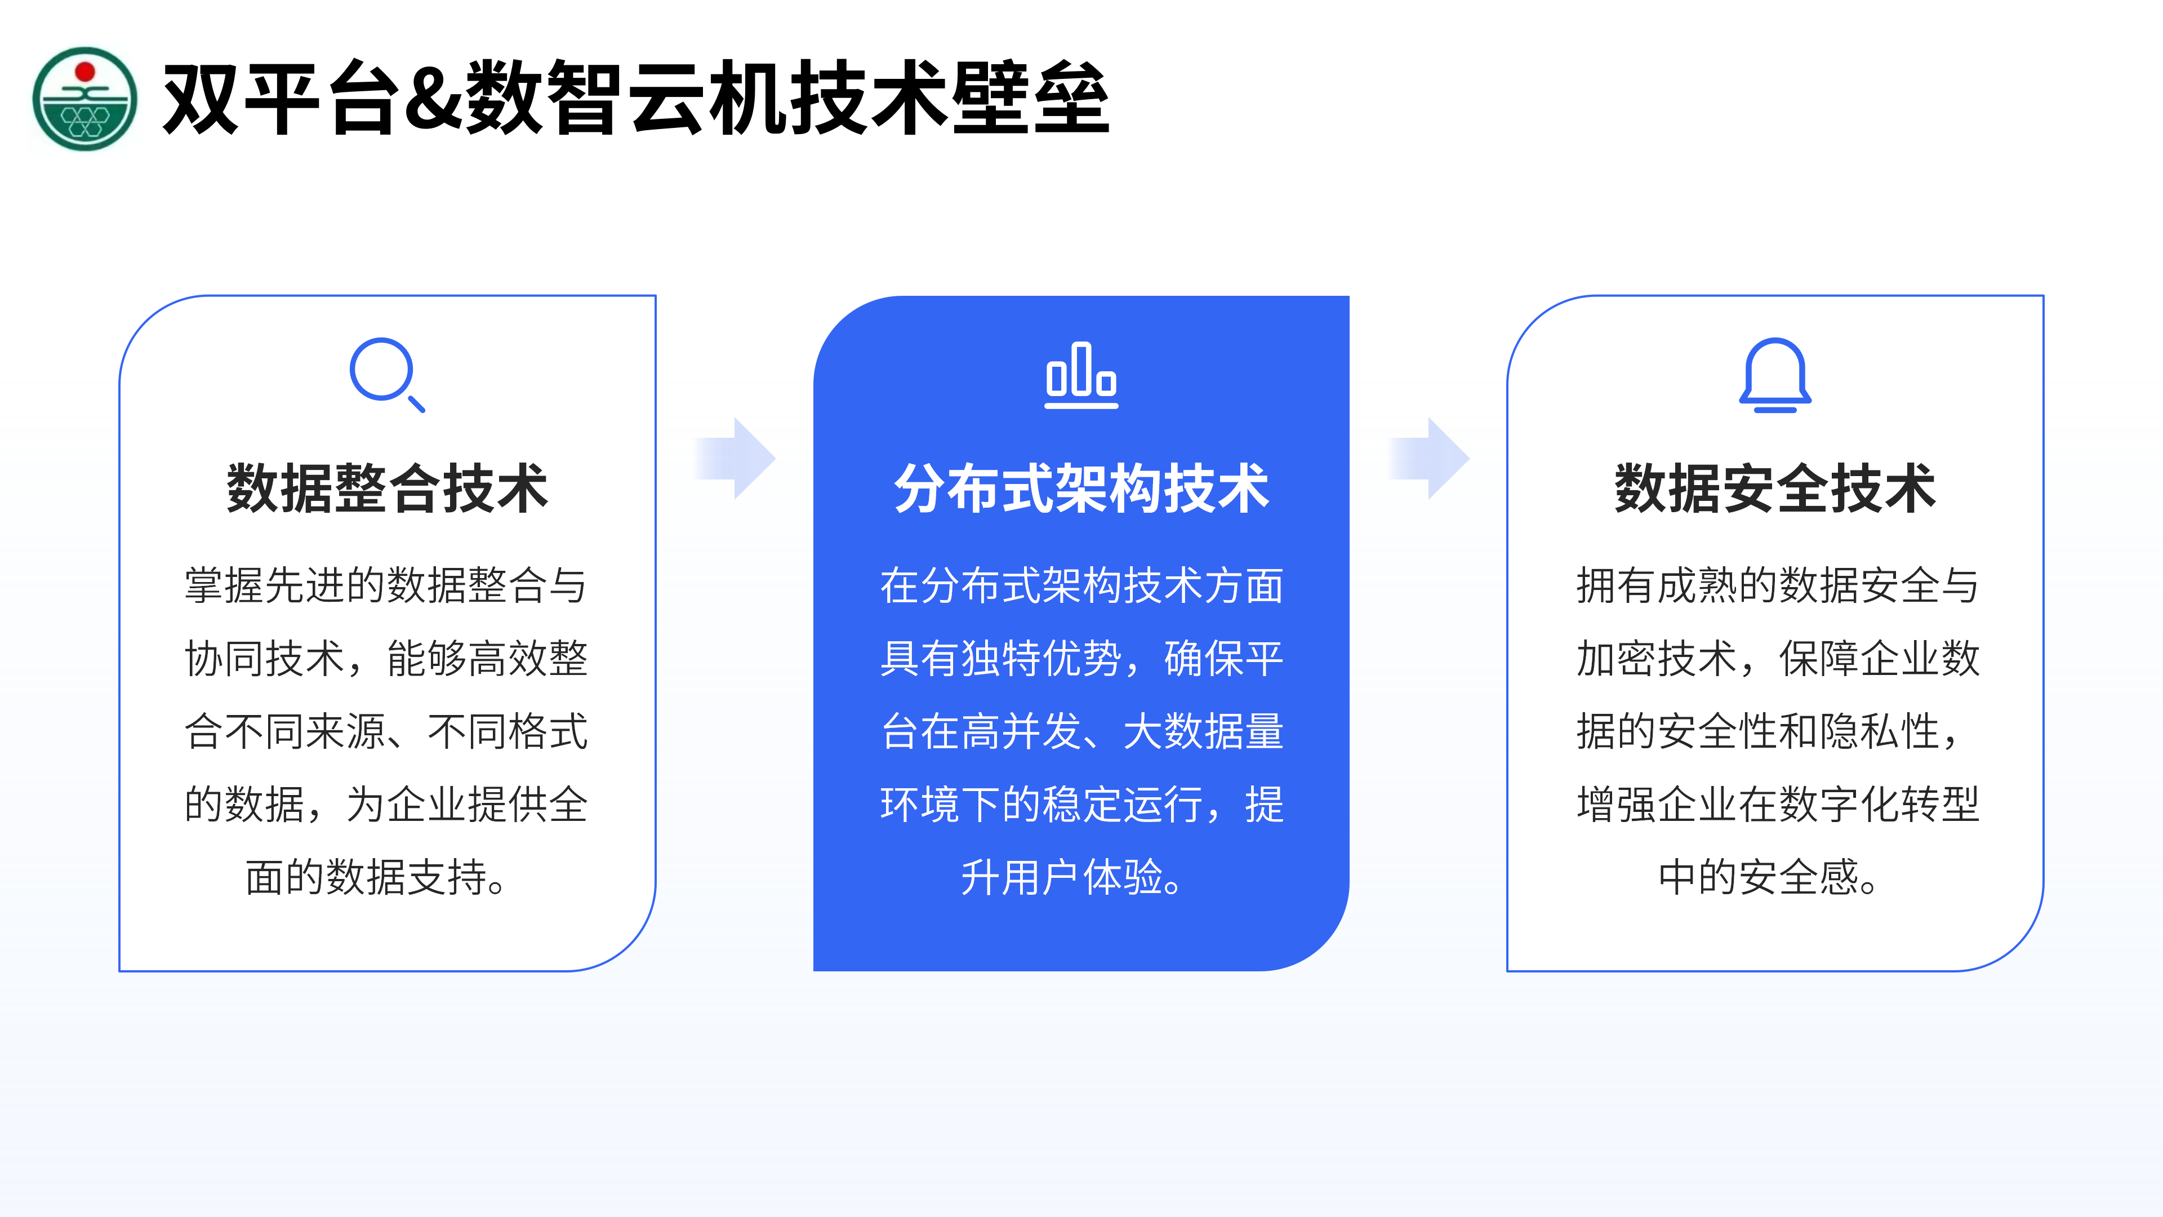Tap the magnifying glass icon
click(x=387, y=375)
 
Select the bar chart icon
click(x=1081, y=375)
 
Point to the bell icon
click(x=1775, y=375)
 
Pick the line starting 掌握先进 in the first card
click(x=386, y=585)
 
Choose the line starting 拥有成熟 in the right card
click(x=1778, y=585)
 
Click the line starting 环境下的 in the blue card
click(x=1081, y=804)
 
